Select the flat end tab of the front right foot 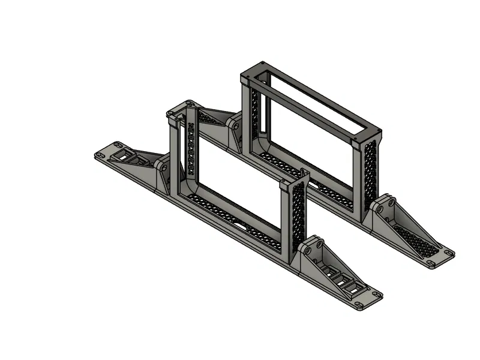click(365, 300)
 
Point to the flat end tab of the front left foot click(108, 152)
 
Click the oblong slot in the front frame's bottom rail click(242, 226)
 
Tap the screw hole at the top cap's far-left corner click(262, 64)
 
